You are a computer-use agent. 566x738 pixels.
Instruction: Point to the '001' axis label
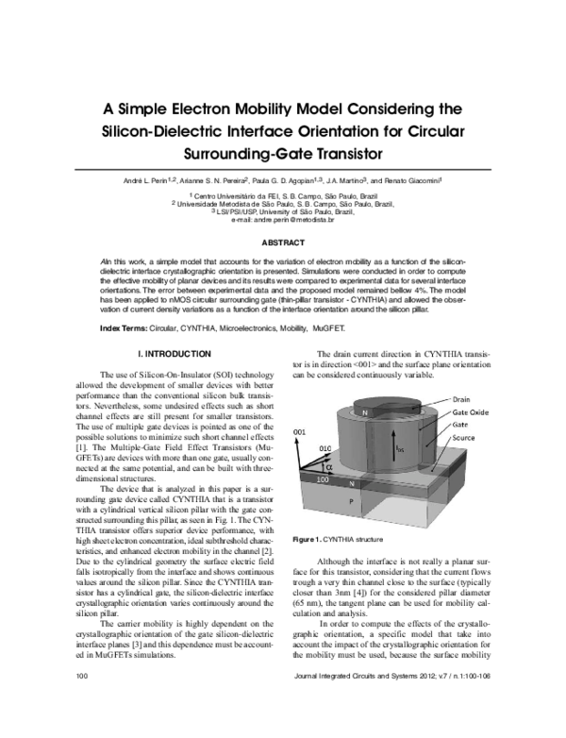tap(299, 430)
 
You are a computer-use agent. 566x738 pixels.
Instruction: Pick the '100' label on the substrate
tap(325, 479)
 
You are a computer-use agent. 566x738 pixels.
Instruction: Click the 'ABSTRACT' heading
tap(282, 243)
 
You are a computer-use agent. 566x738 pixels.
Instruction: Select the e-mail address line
tap(283, 220)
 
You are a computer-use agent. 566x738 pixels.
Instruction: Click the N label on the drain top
tap(362, 411)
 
